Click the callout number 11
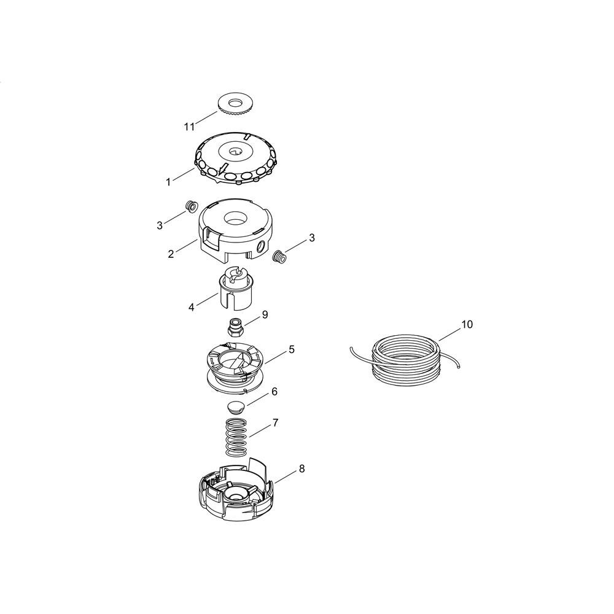click(189, 127)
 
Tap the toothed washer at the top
click(235, 104)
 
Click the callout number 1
click(168, 182)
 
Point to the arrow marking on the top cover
click(223, 168)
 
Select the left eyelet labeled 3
click(192, 206)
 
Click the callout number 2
click(171, 254)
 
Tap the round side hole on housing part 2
click(261, 246)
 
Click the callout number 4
click(191, 308)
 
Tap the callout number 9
click(265, 315)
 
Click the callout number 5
click(291, 349)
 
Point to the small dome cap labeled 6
click(235, 407)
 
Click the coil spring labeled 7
click(236, 437)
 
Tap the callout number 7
click(275, 423)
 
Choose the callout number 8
click(301, 468)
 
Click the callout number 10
click(467, 324)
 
